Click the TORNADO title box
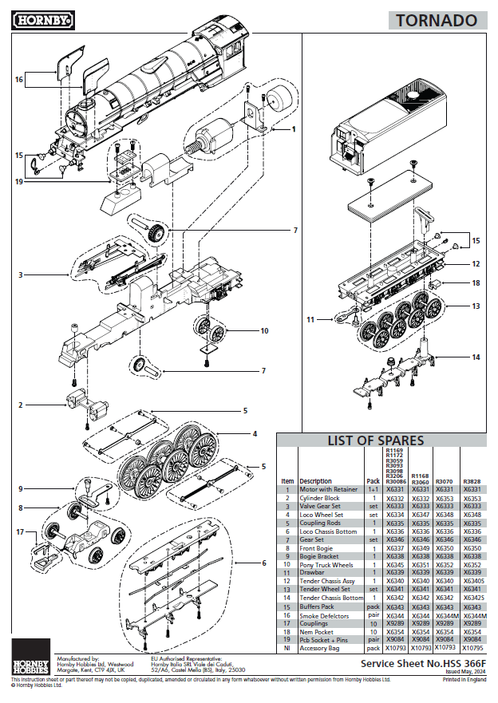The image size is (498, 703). [438, 20]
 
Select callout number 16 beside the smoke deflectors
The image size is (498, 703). [18, 80]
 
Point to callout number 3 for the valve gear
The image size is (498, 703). [21, 274]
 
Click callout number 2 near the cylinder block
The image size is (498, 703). [21, 405]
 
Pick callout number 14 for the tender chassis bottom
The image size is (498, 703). [476, 357]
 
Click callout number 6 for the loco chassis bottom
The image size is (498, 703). [264, 562]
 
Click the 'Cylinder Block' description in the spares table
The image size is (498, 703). [319, 498]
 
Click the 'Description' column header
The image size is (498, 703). [315, 481]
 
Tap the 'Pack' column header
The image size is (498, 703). [373, 481]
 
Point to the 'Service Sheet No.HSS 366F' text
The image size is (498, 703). [422, 663]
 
